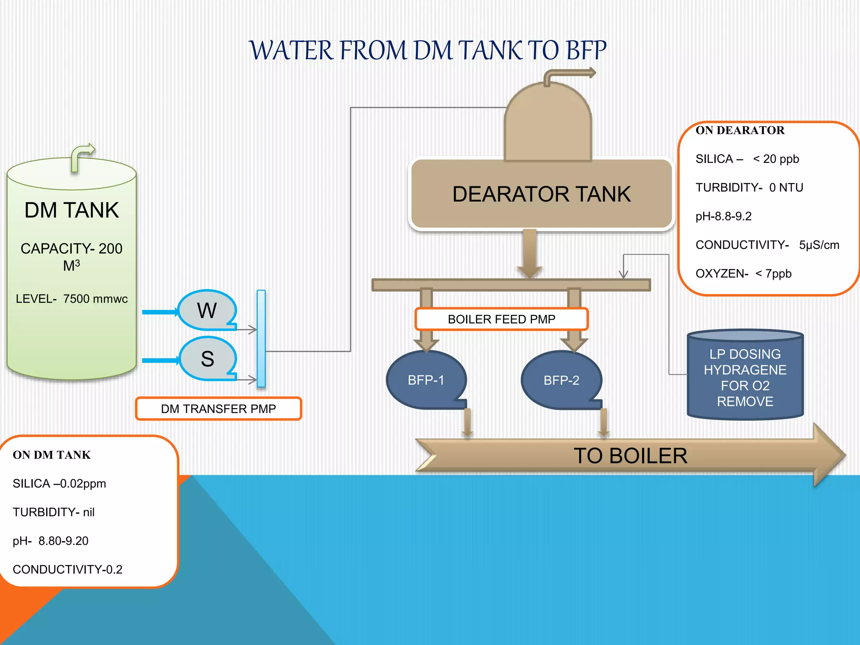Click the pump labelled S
pos(207,359)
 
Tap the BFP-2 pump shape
pos(561,380)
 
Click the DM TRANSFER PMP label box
pos(218,409)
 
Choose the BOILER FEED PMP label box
pos(501,319)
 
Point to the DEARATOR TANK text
pos(541,194)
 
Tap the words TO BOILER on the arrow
pos(630,456)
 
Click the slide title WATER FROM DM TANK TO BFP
pos(427,50)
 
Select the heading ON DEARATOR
pos(740,130)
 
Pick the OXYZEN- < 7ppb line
pos(743,274)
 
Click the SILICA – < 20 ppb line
pos(747,159)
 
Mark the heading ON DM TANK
pos(52,455)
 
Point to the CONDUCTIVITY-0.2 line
pos(68,569)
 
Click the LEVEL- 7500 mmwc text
pos(71,299)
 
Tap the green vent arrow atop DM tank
pos(81,157)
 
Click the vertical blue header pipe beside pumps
pos(261,338)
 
